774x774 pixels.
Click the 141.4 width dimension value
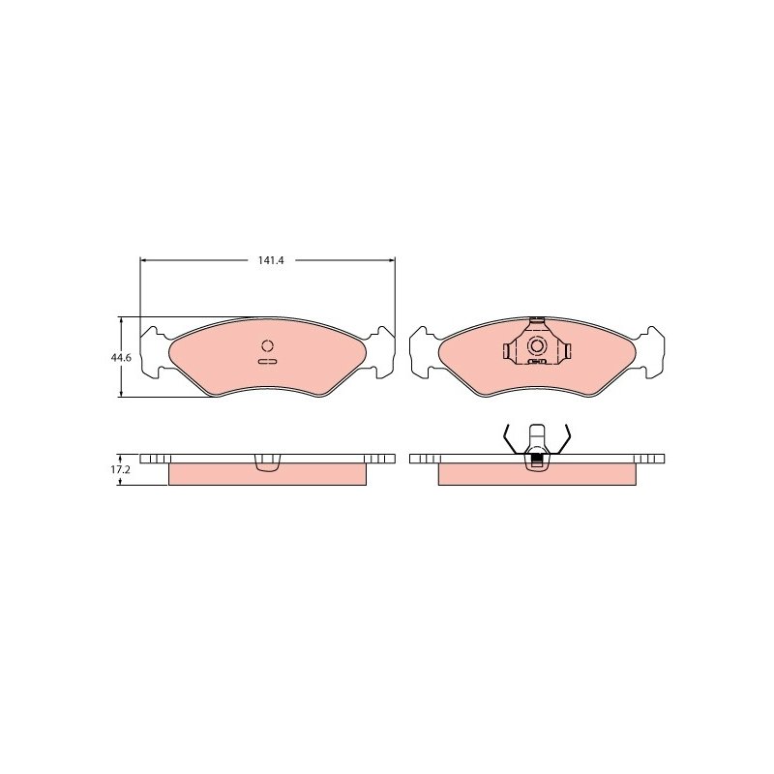(271, 259)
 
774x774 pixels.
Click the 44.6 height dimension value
(121, 358)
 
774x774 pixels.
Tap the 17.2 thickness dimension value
(120, 469)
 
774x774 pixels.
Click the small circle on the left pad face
(268, 345)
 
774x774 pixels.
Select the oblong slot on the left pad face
(268, 361)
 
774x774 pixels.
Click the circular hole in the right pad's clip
(537, 345)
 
